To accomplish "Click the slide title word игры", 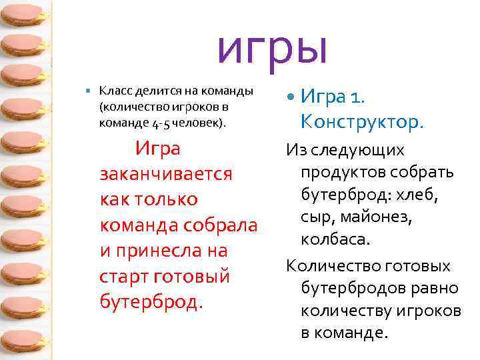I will (273, 47).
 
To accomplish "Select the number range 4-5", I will (159, 123).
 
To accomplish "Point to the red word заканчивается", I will (165, 174).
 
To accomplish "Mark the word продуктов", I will (346, 173).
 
